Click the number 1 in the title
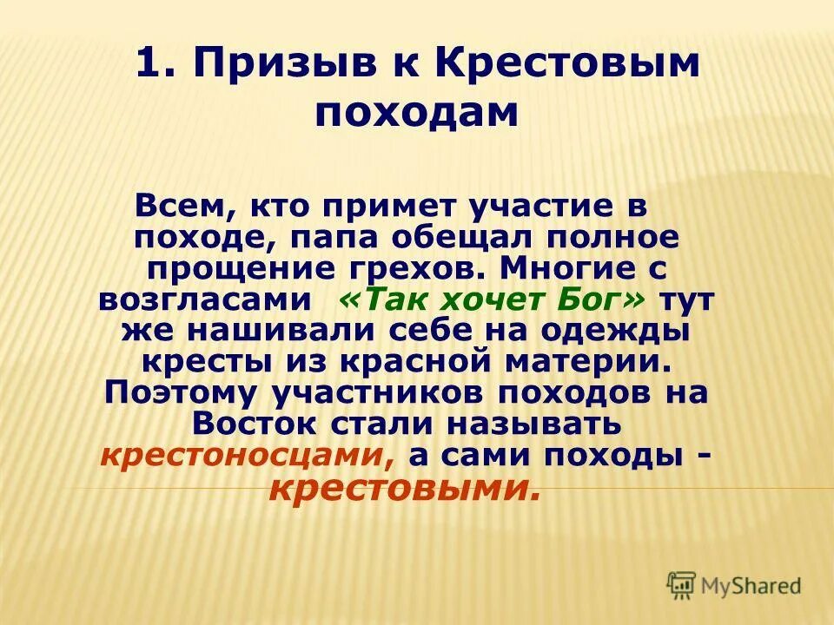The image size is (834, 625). (149, 67)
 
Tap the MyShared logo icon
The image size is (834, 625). (680, 585)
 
